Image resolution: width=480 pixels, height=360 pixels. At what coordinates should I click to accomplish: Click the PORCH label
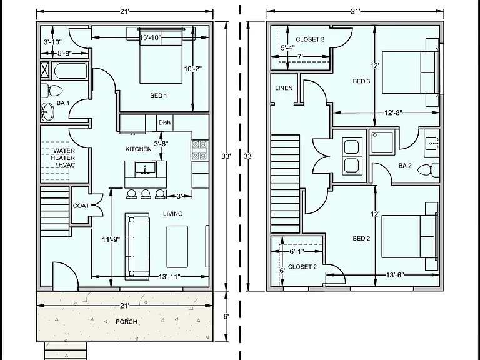tap(126, 322)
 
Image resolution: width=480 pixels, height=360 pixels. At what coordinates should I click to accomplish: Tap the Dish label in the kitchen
tap(164, 122)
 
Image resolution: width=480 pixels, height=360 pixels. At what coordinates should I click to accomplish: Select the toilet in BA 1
tap(52, 90)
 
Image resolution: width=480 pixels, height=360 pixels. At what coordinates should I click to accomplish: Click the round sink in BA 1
tap(47, 111)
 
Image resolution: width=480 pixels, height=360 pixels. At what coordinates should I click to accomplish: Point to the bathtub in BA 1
tap(71, 71)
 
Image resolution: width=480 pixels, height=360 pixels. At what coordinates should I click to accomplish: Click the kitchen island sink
tap(146, 169)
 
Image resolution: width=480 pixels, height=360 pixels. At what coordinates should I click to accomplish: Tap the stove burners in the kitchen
tap(199, 150)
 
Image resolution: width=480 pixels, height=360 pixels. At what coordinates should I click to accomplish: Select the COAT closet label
tap(81, 206)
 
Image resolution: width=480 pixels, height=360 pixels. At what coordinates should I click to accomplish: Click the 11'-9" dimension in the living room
tap(111, 239)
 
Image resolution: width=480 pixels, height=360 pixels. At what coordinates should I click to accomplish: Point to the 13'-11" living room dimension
tap(169, 277)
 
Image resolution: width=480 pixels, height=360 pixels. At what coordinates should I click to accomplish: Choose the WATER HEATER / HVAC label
tap(63, 158)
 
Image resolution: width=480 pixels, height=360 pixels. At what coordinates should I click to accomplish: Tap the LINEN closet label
tap(284, 88)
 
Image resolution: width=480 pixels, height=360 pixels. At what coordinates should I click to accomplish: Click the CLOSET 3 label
tap(310, 39)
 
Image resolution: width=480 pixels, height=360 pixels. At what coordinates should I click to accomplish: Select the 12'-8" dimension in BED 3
tap(393, 112)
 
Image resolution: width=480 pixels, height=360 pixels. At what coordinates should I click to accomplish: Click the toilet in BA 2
tap(429, 169)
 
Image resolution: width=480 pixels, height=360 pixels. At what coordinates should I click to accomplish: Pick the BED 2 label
tap(361, 239)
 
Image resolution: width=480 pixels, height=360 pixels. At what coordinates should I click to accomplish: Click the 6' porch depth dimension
tap(226, 316)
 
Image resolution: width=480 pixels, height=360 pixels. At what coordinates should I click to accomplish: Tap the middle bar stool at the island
tap(146, 194)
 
